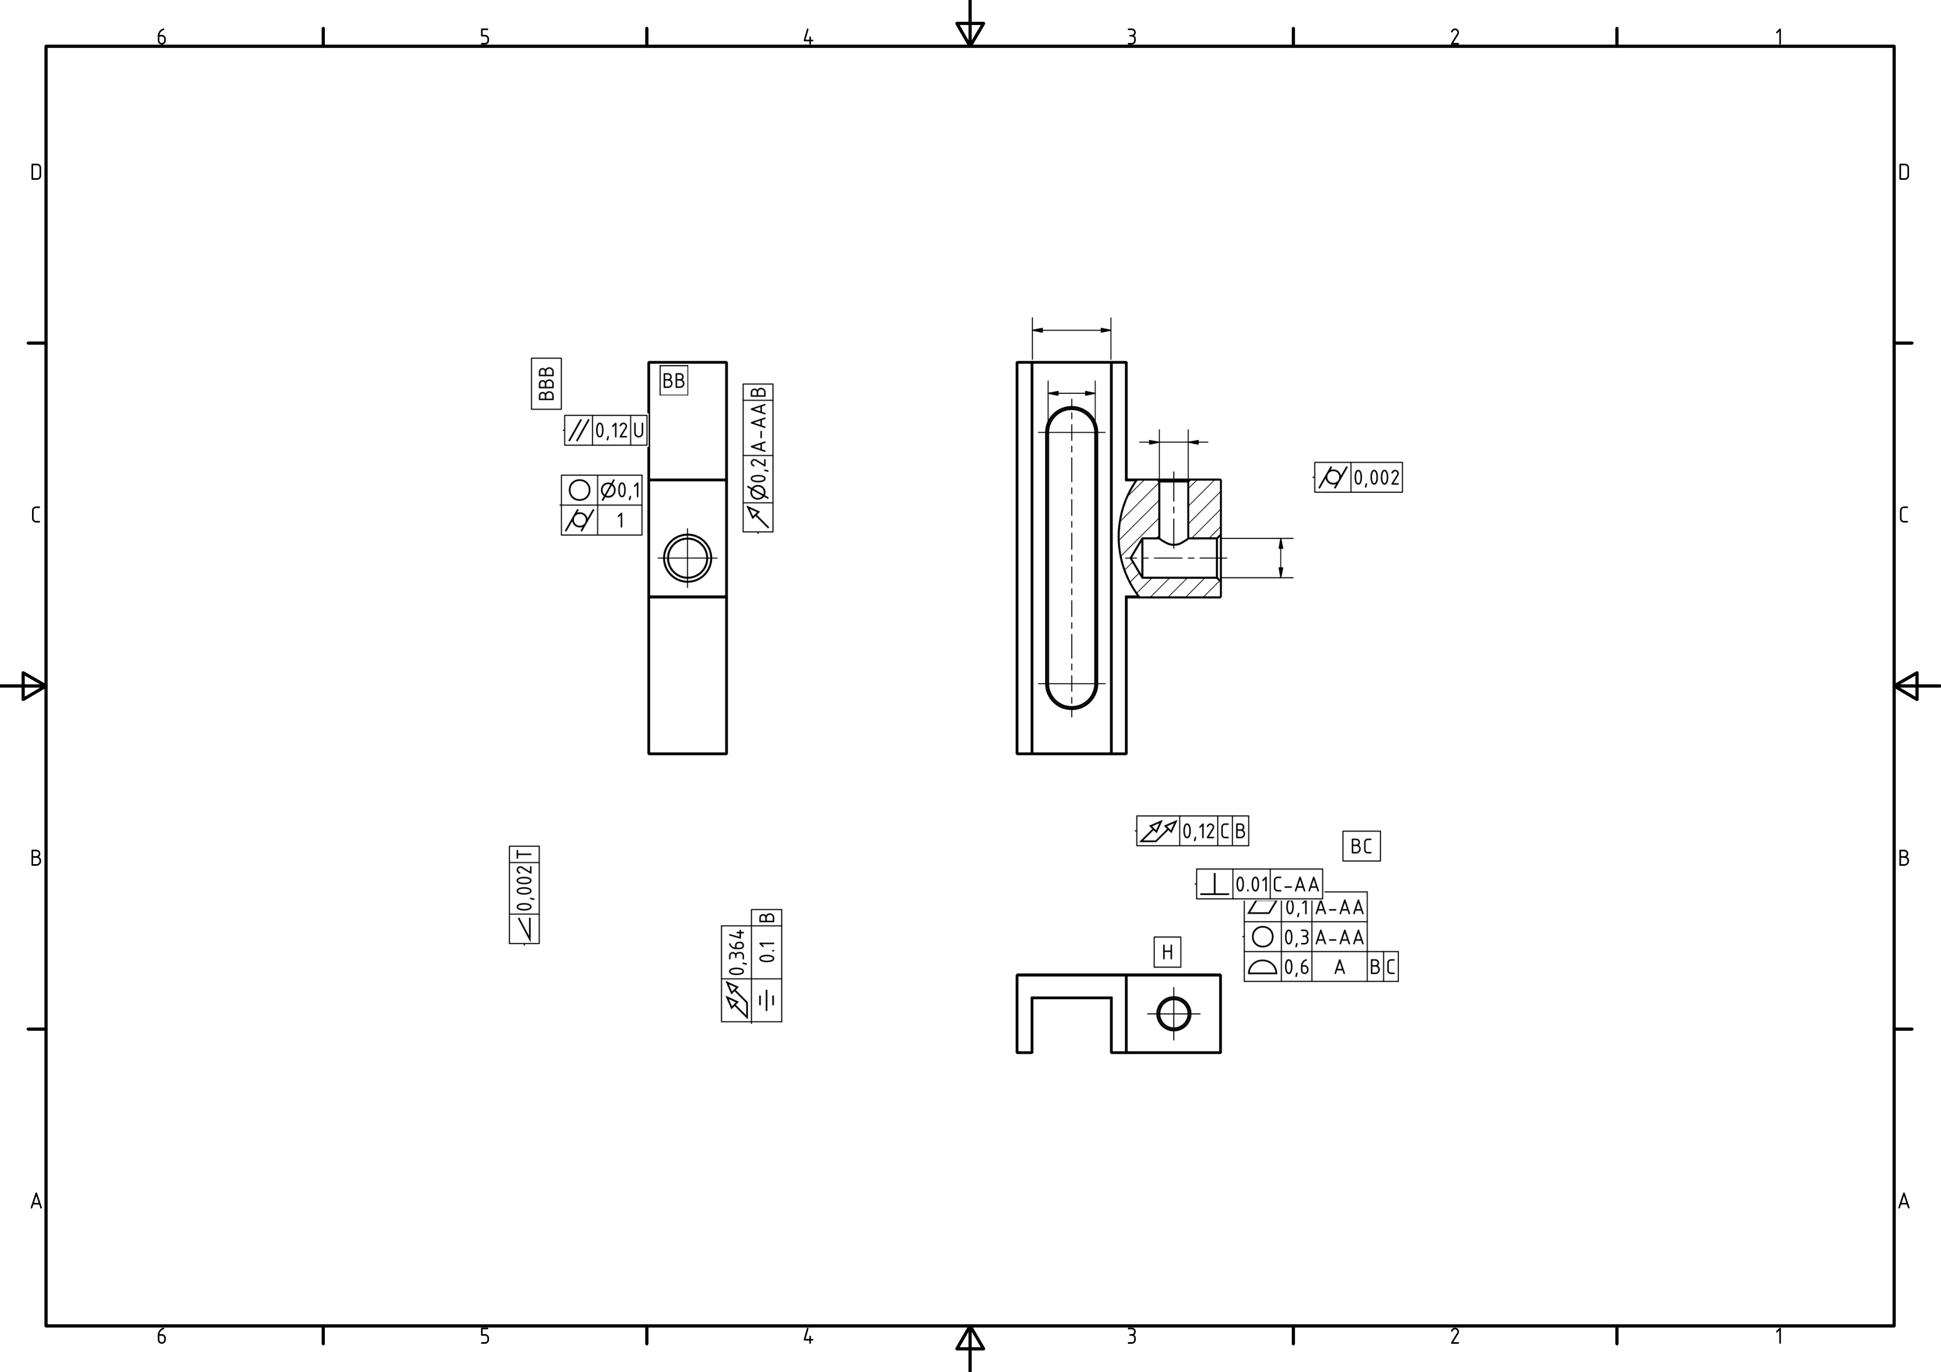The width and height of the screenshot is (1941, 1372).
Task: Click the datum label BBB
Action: (546, 384)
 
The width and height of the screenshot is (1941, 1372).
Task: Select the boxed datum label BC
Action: (1361, 846)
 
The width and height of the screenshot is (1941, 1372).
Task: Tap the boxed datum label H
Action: (1167, 952)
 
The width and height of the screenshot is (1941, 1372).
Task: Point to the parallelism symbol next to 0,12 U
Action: (578, 430)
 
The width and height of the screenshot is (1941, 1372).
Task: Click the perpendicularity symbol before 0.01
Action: (1215, 884)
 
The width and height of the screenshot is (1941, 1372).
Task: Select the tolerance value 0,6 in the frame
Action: (1296, 967)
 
